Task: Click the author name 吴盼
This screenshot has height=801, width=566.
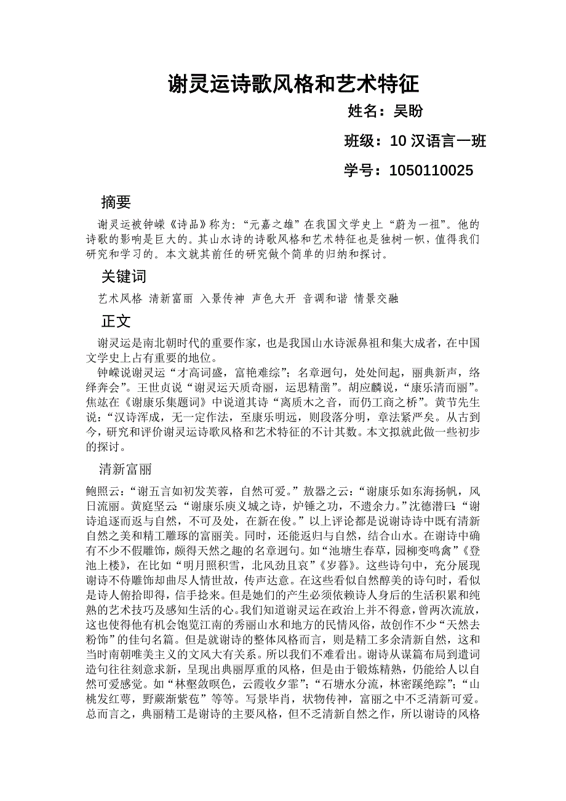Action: [409, 111]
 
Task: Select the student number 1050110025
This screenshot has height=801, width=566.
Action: [431, 170]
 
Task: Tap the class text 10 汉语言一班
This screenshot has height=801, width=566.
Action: [438, 141]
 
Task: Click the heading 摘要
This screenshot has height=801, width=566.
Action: [116, 202]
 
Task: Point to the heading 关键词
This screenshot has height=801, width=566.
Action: [124, 276]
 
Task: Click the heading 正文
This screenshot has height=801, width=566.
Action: [116, 321]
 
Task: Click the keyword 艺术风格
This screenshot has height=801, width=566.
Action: [120, 299]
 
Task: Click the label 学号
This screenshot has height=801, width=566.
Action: [359, 170]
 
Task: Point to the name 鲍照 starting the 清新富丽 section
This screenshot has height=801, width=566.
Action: [98, 492]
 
